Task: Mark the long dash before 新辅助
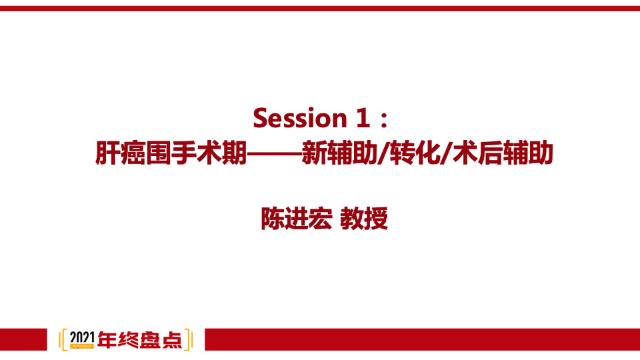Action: click(274, 154)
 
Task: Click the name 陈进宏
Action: click(295, 218)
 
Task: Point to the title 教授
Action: click(364, 218)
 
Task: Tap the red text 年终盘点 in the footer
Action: click(139, 340)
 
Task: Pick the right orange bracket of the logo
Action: click(189, 339)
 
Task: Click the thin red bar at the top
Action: click(320, 9)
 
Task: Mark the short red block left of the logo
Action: click(24, 339)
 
